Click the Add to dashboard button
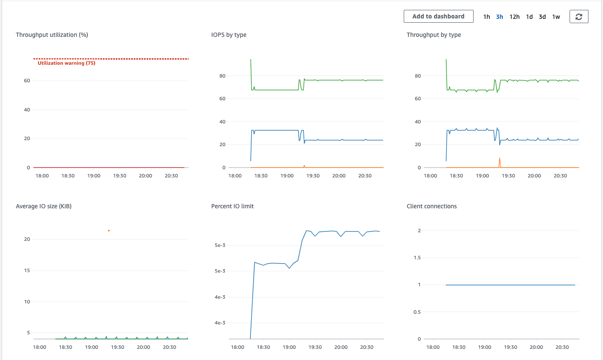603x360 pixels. click(x=438, y=16)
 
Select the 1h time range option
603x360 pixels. click(x=486, y=17)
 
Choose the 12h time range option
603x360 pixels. click(x=514, y=17)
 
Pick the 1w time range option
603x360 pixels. click(x=556, y=17)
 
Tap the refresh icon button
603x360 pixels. click(x=579, y=17)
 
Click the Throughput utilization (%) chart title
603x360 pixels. click(x=52, y=35)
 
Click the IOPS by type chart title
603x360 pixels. click(x=228, y=35)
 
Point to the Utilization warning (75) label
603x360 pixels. click(x=66, y=63)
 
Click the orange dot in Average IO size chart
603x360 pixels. click(x=109, y=231)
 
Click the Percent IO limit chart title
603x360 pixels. click(x=232, y=206)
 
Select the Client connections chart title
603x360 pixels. click(x=432, y=206)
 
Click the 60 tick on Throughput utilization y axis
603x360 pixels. click(x=27, y=81)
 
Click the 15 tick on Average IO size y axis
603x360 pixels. click(x=27, y=270)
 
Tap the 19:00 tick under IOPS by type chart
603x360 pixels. click(x=287, y=176)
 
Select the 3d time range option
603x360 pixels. click(x=542, y=17)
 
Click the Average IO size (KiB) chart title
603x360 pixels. click(x=44, y=206)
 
